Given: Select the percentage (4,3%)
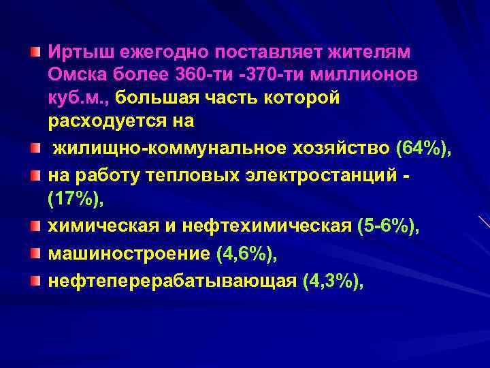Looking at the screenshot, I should tap(332, 281).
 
